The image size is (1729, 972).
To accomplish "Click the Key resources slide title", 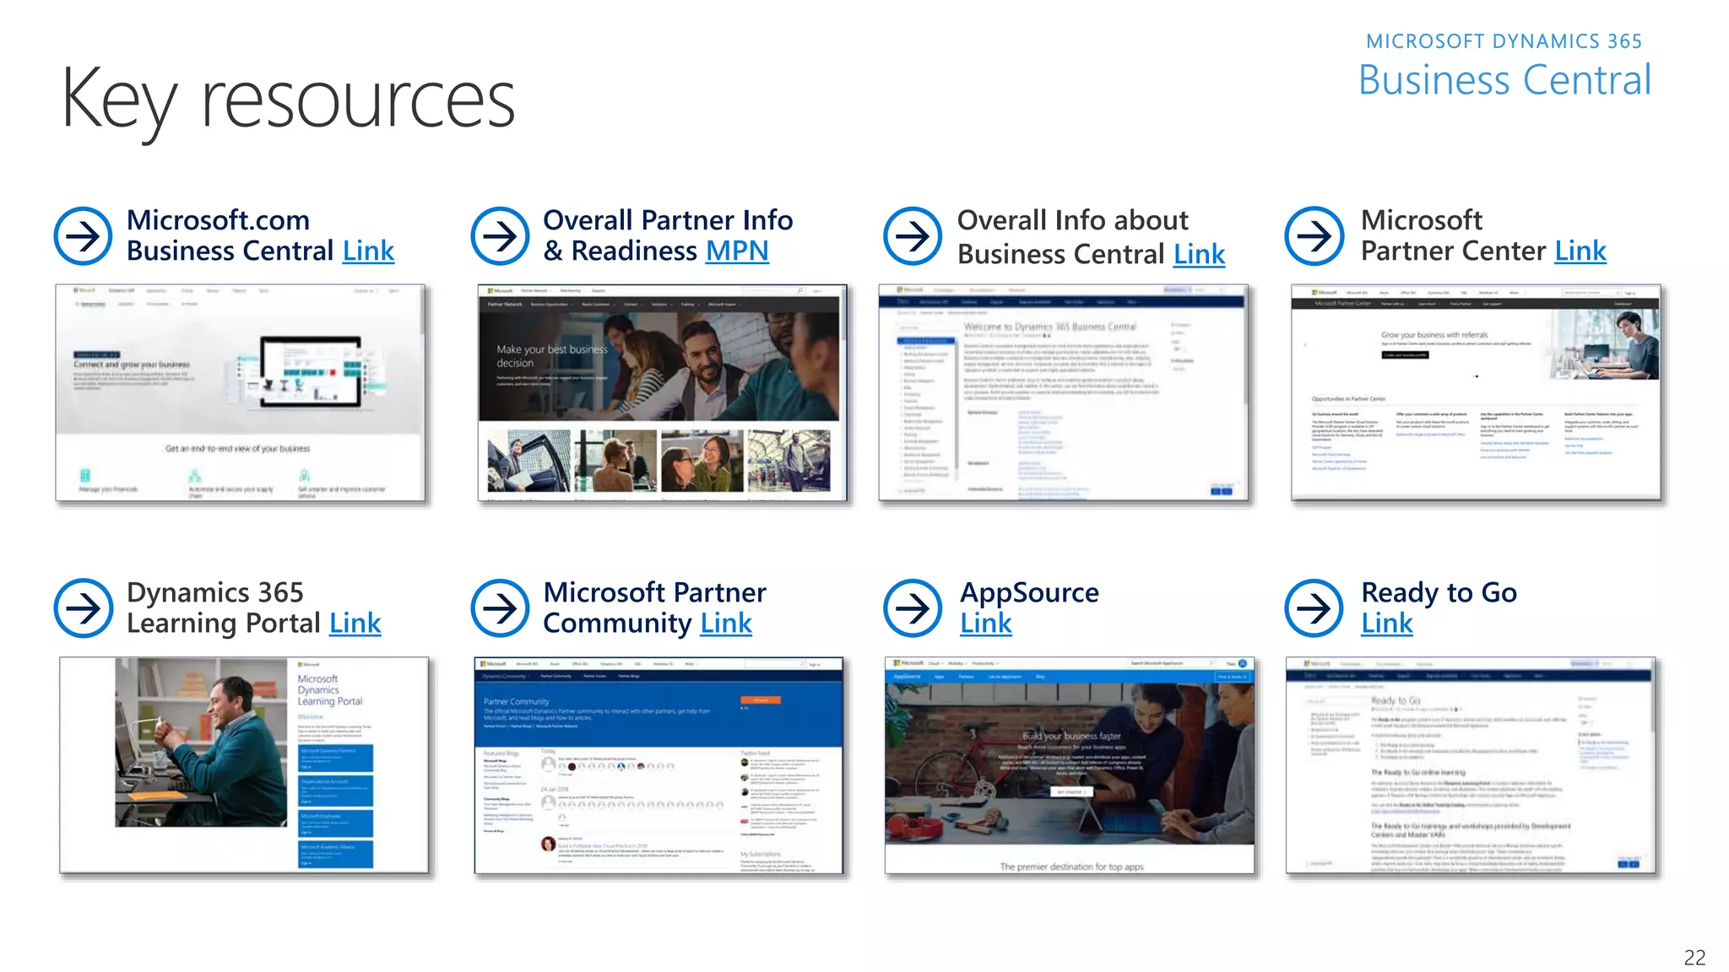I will [x=287, y=100].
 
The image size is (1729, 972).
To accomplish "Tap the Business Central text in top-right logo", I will [x=1504, y=81].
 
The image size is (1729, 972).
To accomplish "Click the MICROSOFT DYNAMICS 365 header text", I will [x=1504, y=41].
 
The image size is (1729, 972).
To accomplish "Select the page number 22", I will [x=1694, y=957].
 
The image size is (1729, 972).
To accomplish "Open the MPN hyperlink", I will [x=737, y=251].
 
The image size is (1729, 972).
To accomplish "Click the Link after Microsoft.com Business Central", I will [x=368, y=251].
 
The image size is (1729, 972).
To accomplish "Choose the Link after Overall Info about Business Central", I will [x=1199, y=255].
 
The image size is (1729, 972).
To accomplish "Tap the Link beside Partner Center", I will [x=1580, y=251].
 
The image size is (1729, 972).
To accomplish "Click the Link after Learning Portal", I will [x=355, y=624].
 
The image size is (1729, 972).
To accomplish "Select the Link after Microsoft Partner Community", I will [x=726, y=624].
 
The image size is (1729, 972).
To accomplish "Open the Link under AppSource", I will [x=985, y=624].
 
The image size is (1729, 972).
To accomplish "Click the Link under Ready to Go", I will [x=1386, y=624].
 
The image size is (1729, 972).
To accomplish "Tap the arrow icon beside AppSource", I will [x=913, y=607].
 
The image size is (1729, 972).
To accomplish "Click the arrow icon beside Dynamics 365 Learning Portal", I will [x=83, y=607].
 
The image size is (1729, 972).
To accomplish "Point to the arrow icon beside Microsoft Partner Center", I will [x=1314, y=236].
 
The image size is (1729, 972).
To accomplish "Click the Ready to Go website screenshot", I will [x=1470, y=765].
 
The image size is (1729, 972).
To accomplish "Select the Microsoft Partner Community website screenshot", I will [x=659, y=765].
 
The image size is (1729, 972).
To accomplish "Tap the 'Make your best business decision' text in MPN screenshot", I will [x=552, y=355].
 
